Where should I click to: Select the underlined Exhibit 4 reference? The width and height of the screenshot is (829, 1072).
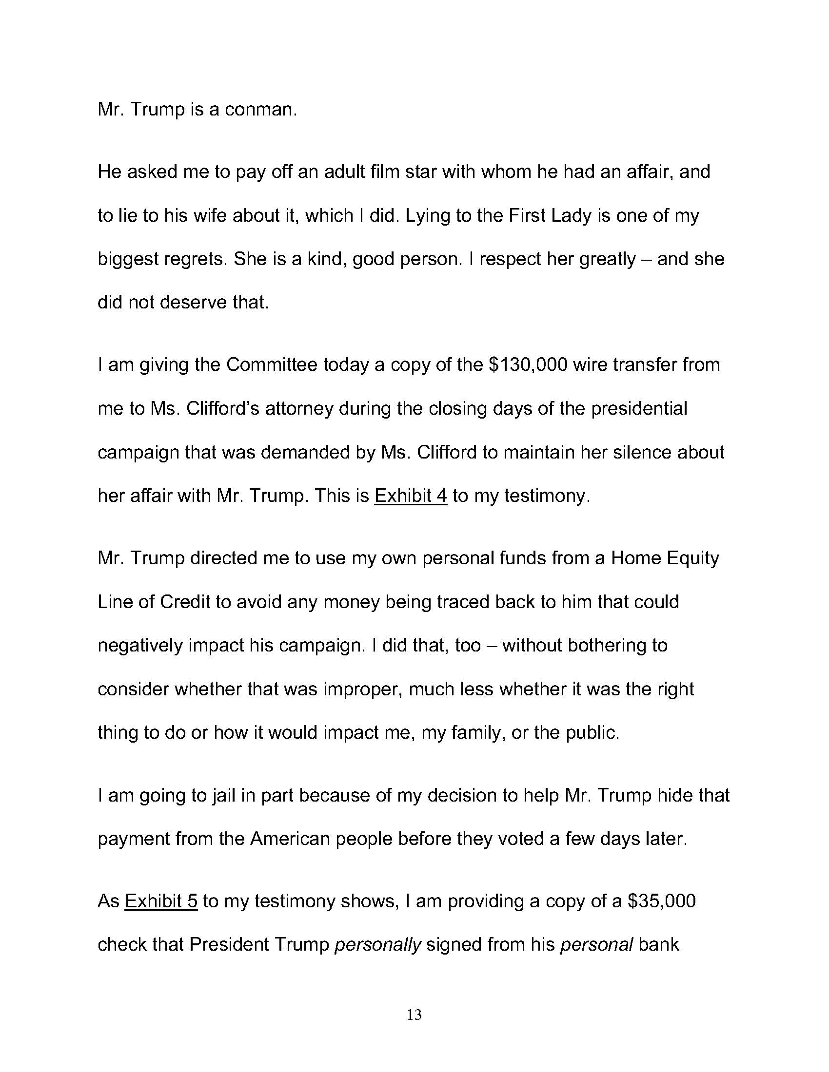tap(411, 496)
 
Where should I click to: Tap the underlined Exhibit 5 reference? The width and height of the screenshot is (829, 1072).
tap(161, 901)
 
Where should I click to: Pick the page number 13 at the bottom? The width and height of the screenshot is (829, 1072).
tap(414, 1015)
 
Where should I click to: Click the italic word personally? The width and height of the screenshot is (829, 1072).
tap(377, 945)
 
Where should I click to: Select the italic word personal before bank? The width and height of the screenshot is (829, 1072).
tap(596, 945)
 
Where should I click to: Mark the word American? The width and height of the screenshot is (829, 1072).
tap(290, 839)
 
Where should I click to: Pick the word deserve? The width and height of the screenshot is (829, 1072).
tap(194, 303)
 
